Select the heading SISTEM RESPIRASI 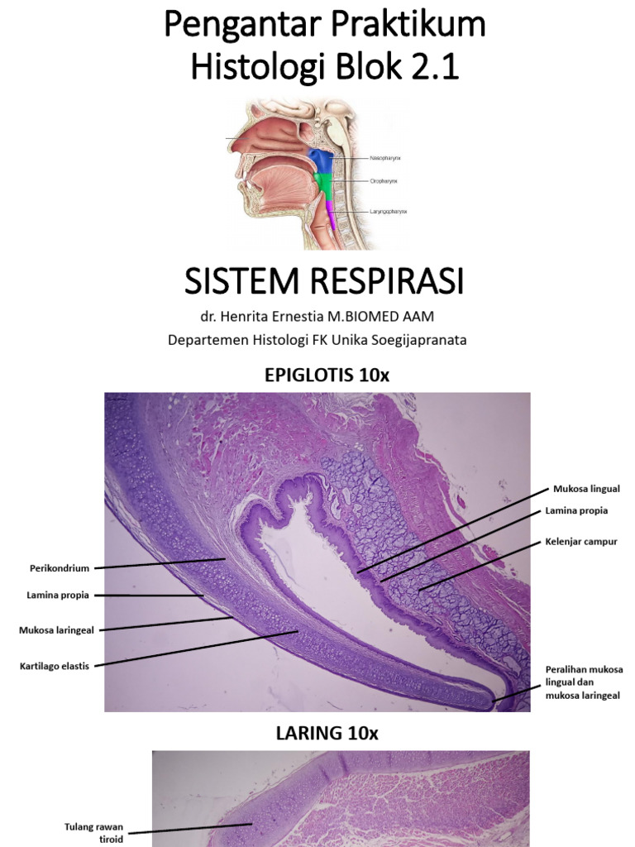click(324, 282)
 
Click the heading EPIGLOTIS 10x click(327, 375)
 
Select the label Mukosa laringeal click(57, 629)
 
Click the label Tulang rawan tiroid click(93, 832)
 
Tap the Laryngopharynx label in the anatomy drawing click(389, 212)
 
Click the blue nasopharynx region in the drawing click(321, 160)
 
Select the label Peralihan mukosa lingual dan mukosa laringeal click(584, 682)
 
